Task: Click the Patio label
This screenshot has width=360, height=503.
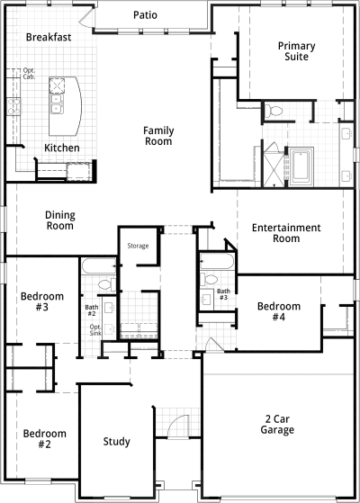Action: click(145, 15)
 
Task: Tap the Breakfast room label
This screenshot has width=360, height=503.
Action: click(49, 37)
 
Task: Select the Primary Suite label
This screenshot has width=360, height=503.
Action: click(296, 51)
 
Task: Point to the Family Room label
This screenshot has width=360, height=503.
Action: click(158, 136)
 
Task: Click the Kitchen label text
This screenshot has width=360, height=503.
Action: click(62, 148)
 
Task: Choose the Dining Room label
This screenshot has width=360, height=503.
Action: click(60, 220)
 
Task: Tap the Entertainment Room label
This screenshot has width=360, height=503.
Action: click(286, 233)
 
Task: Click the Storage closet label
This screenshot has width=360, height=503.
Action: click(138, 246)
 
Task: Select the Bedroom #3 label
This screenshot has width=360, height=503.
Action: click(42, 301)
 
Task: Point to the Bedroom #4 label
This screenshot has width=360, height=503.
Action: click(279, 311)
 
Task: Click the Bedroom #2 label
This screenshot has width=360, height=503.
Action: click(45, 439)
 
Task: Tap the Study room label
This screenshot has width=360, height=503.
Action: click(116, 442)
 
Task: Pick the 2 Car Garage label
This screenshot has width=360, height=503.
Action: click(277, 424)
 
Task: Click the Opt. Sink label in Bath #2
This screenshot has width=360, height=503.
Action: click(95, 329)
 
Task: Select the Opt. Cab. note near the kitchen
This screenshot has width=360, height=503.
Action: click(29, 74)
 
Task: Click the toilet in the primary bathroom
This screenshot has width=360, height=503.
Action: click(274, 111)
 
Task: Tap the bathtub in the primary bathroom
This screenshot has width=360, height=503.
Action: click(301, 166)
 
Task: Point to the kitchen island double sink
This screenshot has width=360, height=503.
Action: click(57, 104)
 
